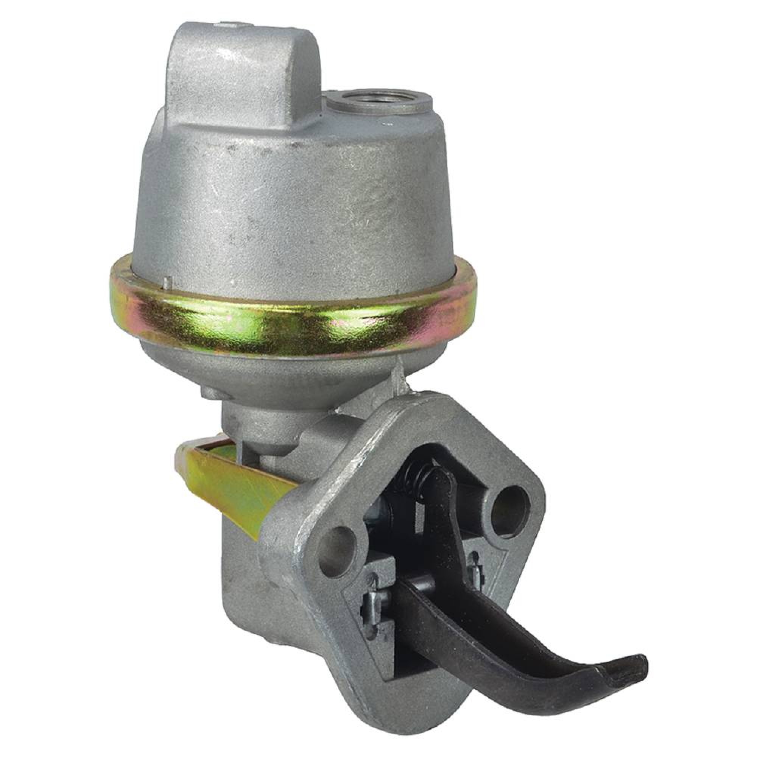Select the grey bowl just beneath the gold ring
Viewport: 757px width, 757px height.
(274, 368)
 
